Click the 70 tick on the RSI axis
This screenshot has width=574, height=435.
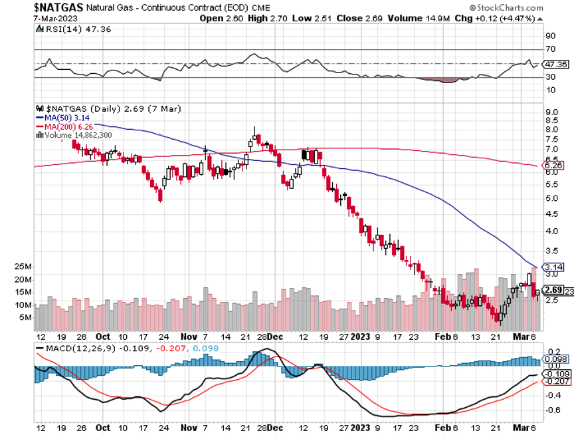[549, 49]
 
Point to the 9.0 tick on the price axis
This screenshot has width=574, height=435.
[551, 112]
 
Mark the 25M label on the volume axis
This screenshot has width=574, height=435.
[23, 266]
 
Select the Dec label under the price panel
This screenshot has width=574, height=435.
[276, 337]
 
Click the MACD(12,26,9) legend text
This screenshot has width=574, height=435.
[75, 348]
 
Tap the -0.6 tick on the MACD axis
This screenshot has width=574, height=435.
[552, 410]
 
